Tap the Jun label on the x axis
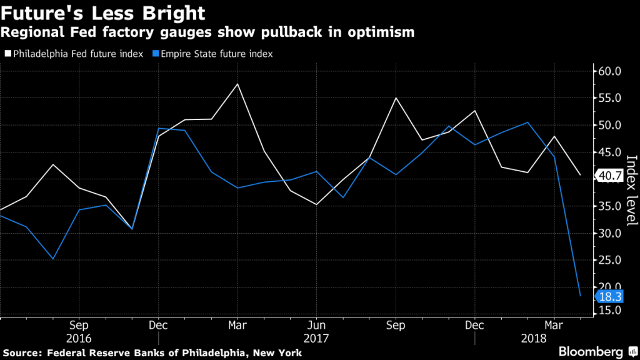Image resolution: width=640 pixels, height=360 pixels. tap(316, 325)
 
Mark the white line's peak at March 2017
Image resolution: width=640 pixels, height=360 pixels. tap(237, 84)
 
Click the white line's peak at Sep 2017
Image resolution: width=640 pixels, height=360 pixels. tap(396, 98)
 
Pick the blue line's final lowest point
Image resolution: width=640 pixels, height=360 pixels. tap(581, 296)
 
